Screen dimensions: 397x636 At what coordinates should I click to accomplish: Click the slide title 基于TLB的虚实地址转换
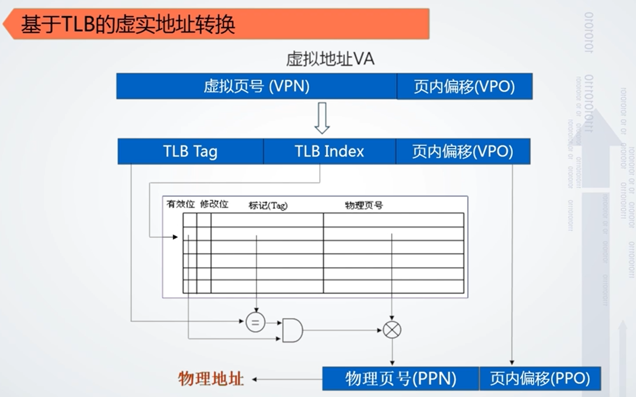(128, 25)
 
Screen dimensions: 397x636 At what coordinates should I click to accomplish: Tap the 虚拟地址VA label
(330, 59)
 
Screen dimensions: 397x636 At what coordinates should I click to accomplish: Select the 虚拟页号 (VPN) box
(256, 86)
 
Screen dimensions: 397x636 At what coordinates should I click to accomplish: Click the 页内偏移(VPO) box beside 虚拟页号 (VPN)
(464, 86)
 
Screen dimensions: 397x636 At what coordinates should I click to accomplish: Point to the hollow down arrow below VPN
(322, 118)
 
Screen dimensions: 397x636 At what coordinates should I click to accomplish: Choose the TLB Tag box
(190, 152)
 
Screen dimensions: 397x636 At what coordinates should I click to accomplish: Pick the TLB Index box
(329, 152)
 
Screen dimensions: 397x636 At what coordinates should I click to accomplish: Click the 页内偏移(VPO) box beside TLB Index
(462, 152)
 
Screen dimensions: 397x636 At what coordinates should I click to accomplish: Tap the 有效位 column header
(180, 204)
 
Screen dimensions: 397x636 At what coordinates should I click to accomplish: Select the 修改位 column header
(214, 204)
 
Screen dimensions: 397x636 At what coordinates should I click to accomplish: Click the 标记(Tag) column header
(268, 206)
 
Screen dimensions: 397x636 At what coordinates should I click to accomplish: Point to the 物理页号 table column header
(364, 206)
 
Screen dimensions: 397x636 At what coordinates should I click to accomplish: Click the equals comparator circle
(256, 323)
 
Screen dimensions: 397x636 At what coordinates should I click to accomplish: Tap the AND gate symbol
(292, 330)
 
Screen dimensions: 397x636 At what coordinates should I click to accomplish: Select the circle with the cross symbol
(392, 330)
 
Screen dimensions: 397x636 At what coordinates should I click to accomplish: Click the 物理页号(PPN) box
(401, 379)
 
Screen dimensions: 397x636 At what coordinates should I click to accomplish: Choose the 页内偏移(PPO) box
(540, 379)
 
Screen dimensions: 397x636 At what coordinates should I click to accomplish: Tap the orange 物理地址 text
(211, 379)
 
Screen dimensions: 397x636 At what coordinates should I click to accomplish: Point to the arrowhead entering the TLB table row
(175, 237)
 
